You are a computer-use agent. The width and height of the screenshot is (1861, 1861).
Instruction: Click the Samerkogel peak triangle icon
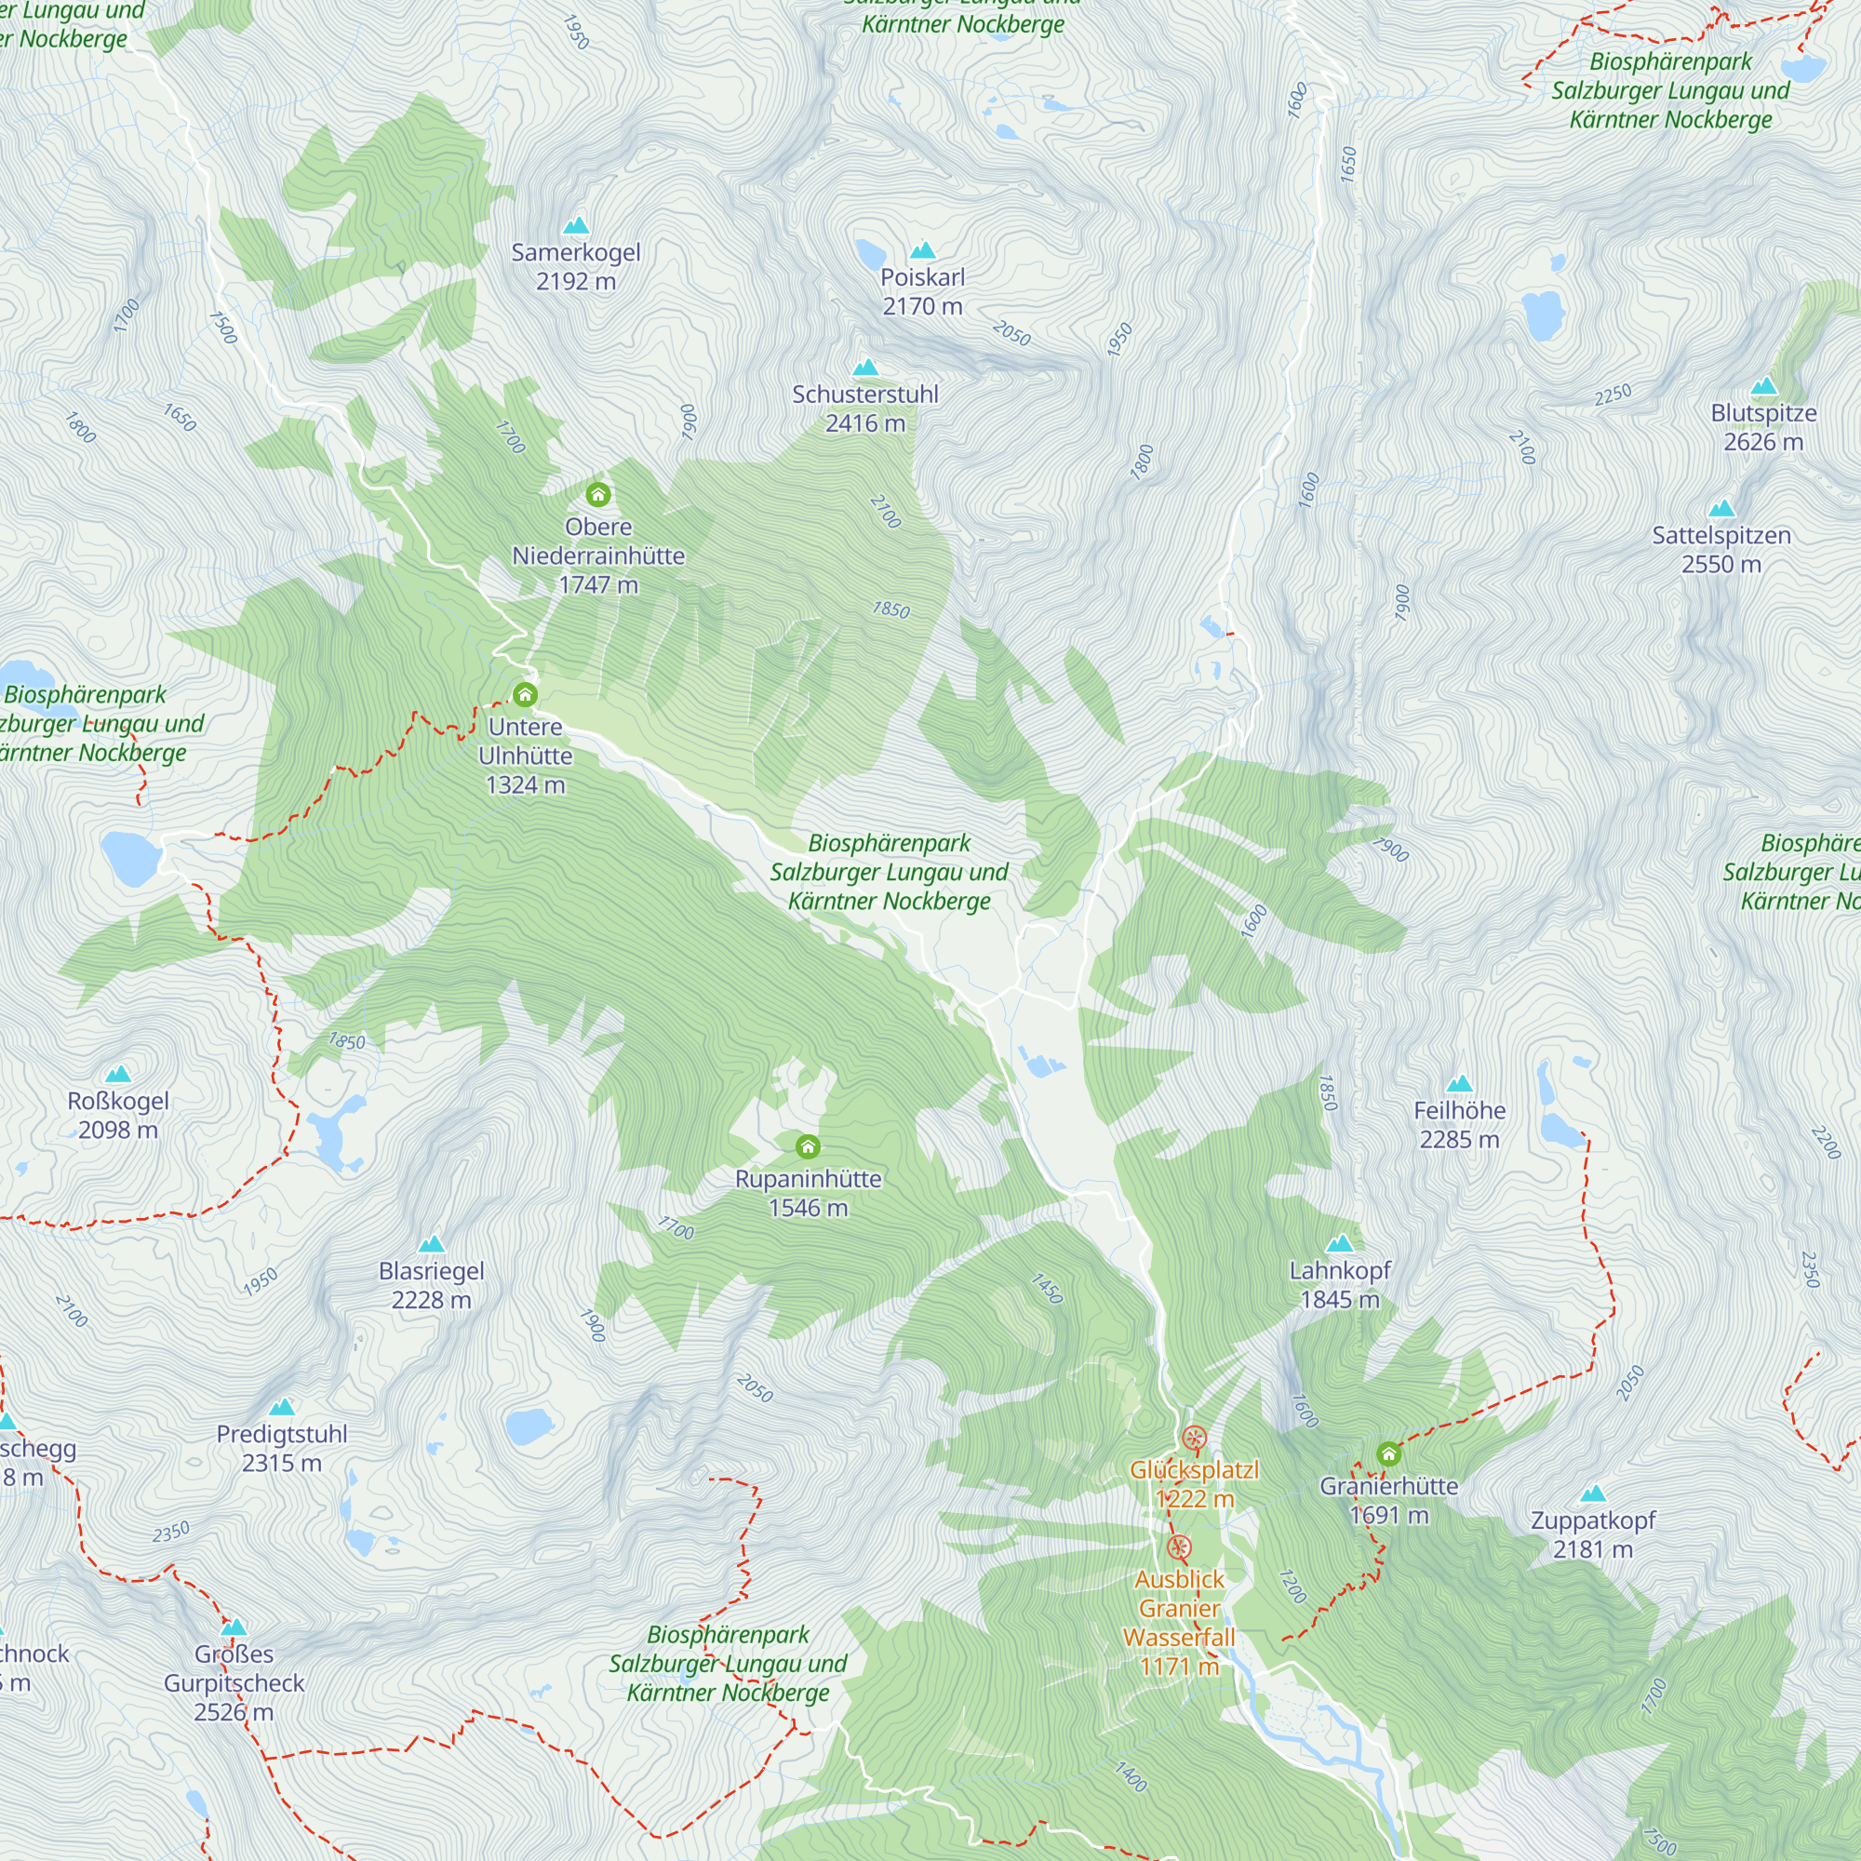576,225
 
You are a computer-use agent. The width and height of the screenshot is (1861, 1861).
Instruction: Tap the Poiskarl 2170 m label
923,292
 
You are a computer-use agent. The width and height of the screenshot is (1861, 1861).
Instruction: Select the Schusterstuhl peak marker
866,367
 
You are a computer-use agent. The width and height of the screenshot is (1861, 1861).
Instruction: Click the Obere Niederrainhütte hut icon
598,495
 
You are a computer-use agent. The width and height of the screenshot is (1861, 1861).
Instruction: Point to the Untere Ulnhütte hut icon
525,694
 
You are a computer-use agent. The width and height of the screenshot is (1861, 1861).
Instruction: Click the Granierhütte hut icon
1388,1453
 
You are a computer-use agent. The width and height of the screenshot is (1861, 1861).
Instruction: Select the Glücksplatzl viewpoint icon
1195,1439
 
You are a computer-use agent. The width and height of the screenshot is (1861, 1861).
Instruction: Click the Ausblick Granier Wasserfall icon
1179,1548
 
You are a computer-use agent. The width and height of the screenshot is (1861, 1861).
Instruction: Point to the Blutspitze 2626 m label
1763,428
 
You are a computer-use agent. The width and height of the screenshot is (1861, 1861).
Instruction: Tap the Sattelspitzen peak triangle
1721,509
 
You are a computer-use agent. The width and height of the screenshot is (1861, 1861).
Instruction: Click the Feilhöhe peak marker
1459,1084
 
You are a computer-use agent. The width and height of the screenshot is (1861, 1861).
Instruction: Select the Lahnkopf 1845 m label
1340,1285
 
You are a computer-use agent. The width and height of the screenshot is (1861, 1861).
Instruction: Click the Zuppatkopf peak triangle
1593,1494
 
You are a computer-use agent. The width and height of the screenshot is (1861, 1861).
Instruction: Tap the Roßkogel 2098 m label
118,1116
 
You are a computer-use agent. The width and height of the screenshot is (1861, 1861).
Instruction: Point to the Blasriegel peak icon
432,1243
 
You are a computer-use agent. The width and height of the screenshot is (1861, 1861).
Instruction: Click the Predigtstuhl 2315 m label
282,1449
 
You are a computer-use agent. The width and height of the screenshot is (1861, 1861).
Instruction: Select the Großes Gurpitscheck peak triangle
234,1627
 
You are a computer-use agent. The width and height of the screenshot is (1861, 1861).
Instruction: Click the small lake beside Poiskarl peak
870,254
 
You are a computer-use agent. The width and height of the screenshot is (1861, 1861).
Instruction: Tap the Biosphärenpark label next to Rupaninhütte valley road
889,872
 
